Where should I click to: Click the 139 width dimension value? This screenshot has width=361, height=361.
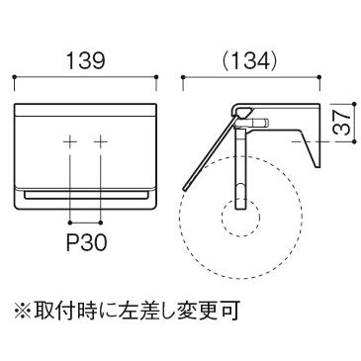coord(85,61)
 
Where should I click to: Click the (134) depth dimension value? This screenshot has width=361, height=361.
coord(249,61)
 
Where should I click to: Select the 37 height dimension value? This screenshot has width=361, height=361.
coord(341,123)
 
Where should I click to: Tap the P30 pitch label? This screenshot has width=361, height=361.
coord(86,243)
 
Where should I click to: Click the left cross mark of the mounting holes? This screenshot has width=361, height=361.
coord(70,142)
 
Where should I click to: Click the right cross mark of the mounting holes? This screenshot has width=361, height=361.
coord(101,142)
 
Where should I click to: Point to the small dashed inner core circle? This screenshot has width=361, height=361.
coord(241,217)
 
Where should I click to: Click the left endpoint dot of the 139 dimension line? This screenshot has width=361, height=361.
coord(14,77)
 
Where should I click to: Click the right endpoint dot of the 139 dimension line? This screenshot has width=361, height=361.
coord(156,77)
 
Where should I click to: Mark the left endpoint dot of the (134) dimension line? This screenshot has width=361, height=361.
coord(183,77)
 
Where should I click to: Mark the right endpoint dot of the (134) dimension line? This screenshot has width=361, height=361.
coord(319,77)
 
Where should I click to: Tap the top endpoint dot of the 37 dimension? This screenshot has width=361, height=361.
coord(354,104)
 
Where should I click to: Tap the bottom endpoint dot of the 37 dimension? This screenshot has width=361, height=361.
coord(354,141)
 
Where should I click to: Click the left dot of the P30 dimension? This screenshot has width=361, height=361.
coord(70,222)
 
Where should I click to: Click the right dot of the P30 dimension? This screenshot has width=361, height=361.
coord(101,222)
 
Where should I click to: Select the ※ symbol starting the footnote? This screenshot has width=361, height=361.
coord(23,311)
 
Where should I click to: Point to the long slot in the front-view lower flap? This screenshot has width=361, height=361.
coord(86,195)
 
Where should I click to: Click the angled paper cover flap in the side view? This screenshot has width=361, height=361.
coord(208,150)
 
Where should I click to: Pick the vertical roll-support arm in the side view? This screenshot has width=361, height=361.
coord(240,168)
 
